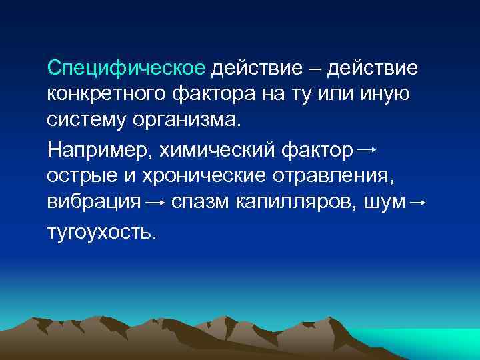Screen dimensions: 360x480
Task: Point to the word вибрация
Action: click(x=93, y=202)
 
